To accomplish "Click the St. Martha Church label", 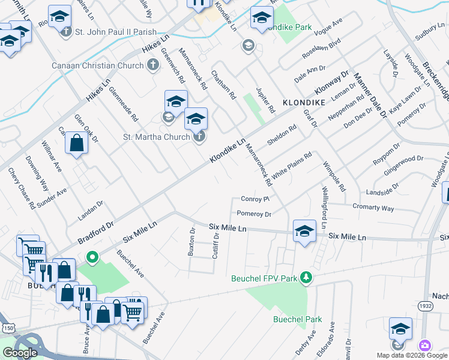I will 156,137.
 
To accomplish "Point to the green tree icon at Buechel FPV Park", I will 306,277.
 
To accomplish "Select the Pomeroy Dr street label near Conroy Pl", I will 254,214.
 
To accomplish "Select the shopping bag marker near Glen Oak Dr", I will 76,143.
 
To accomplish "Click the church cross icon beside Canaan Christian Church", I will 152,64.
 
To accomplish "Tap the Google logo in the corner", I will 20,353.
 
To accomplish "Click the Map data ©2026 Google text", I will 411,355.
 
